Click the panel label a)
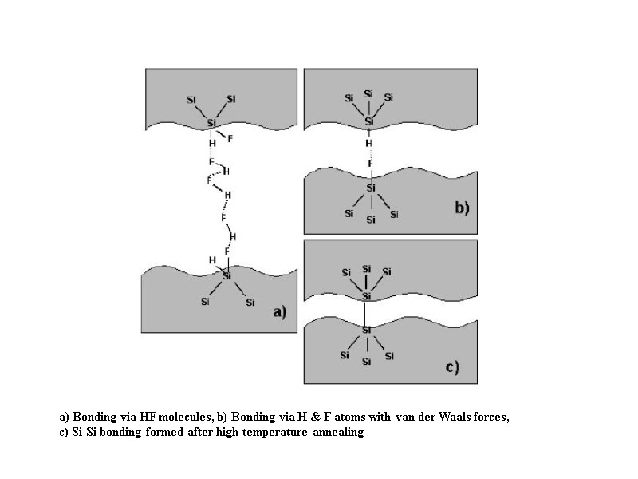(x=279, y=312)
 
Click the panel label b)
(x=462, y=208)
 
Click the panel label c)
(x=451, y=367)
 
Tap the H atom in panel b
(x=368, y=144)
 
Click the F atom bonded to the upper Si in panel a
(x=230, y=139)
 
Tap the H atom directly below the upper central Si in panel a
(x=212, y=143)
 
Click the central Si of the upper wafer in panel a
(x=212, y=123)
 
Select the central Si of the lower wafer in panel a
(x=226, y=276)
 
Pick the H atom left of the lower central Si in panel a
(x=211, y=260)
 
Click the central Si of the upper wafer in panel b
(x=369, y=121)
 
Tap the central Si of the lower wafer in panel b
(x=370, y=188)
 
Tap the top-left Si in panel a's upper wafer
(x=191, y=100)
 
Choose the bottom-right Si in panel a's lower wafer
(x=250, y=303)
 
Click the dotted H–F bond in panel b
(x=369, y=154)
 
